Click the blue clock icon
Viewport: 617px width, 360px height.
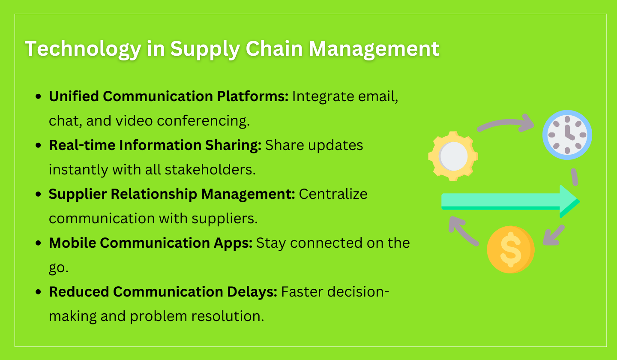tap(567, 134)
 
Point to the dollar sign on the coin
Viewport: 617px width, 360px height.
tap(510, 249)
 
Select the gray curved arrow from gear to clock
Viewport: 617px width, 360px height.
tap(506, 124)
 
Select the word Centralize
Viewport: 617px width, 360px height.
tap(333, 194)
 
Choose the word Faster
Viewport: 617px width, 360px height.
tap(302, 292)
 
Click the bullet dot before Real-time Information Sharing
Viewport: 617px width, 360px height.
tap(39, 146)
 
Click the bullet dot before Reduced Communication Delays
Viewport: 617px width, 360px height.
tap(39, 292)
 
